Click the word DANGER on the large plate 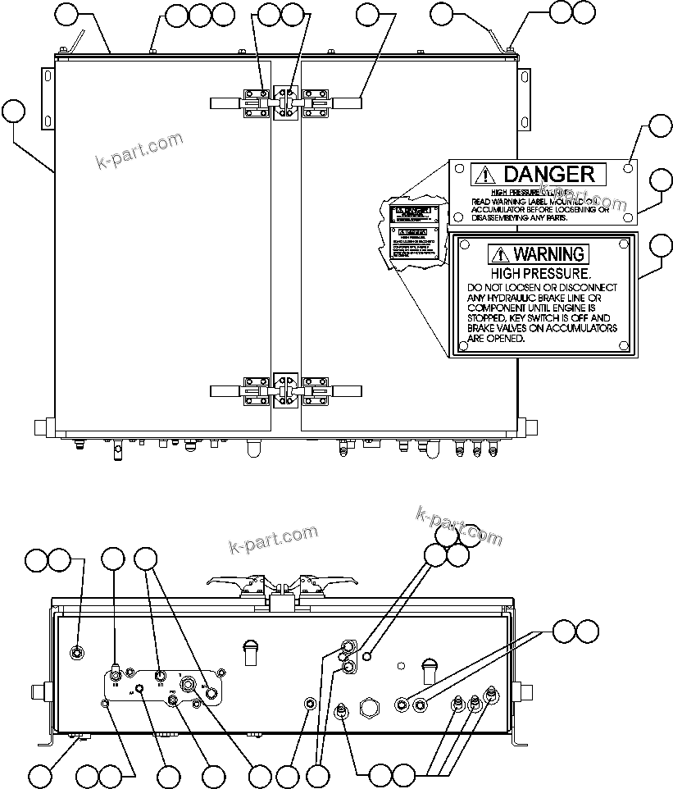pyautogui.click(x=548, y=174)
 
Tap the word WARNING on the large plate pyautogui.click(x=548, y=253)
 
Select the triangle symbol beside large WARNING pyautogui.click(x=499, y=254)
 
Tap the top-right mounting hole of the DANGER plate pyautogui.click(x=626, y=168)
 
